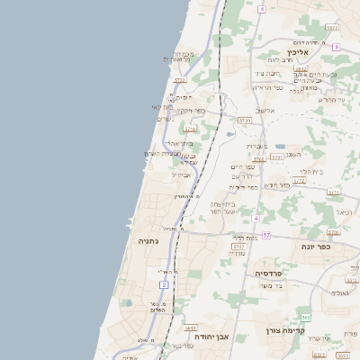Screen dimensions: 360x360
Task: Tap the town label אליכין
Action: pos(298,53)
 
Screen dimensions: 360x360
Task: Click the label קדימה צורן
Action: pos(286,330)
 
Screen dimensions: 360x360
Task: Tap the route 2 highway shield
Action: pos(164,284)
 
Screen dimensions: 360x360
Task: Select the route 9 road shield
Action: pos(261,9)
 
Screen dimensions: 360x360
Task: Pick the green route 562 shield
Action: pos(306,317)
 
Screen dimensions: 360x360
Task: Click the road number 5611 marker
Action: pos(192,328)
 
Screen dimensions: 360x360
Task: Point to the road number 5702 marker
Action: pos(238,246)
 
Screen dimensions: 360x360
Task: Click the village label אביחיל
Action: pos(181,175)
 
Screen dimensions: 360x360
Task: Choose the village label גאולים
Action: pos(339,293)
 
